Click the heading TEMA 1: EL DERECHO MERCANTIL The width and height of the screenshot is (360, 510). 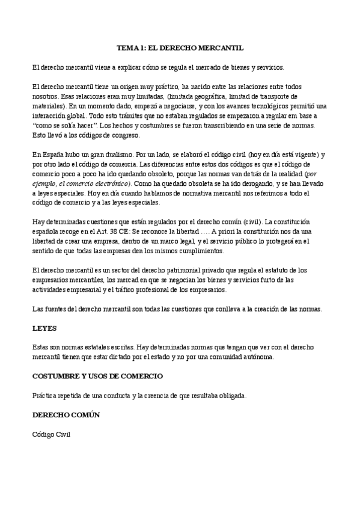(180, 48)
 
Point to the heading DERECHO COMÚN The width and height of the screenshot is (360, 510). (66, 415)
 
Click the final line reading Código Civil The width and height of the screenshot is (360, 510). (52, 434)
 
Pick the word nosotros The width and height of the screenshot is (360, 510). (46, 96)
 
